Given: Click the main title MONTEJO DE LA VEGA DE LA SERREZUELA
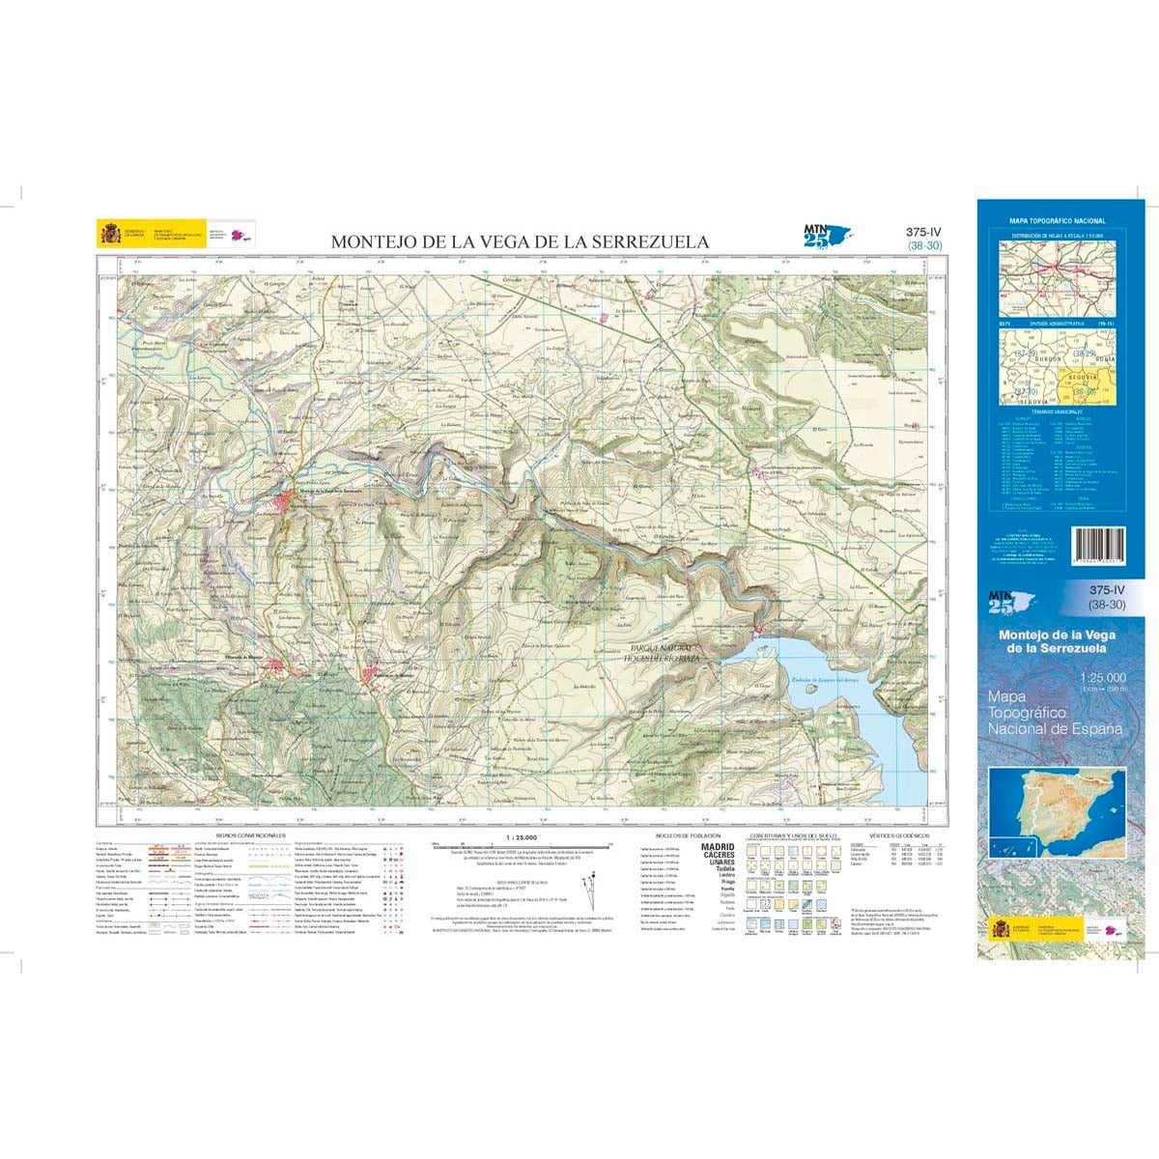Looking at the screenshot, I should [x=520, y=242].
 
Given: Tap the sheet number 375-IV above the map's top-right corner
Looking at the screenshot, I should [x=924, y=232].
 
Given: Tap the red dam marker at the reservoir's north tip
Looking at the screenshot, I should [x=760, y=633].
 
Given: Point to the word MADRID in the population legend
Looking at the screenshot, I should [x=719, y=847].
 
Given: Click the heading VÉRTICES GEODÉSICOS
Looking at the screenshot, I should [x=898, y=834].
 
